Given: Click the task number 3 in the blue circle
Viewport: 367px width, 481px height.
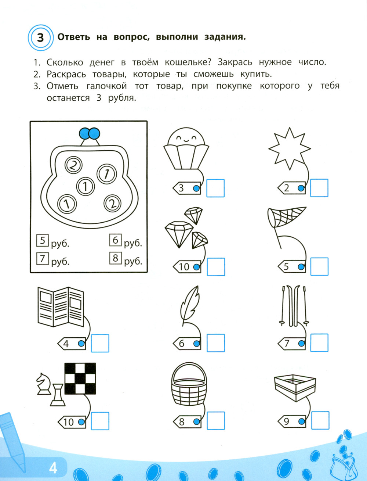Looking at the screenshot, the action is pos(40,38).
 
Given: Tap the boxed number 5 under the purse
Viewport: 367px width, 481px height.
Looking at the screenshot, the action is pos(43,240).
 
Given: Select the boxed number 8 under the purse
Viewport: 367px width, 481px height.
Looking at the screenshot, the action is pos(116,258).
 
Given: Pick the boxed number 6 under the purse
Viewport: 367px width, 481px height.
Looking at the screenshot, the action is pos(115,240).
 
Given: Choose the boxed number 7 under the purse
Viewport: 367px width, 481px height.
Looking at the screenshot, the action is pos(43,259).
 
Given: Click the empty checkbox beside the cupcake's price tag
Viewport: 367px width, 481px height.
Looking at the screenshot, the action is pos(215,188).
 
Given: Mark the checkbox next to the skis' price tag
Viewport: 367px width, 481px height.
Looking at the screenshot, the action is pos(319,343).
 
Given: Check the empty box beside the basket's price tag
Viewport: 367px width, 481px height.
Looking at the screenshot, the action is pos(216,420).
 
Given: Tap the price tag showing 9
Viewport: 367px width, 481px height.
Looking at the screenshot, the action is pos(292,421).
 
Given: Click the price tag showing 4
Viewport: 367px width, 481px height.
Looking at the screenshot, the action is pos(72,343).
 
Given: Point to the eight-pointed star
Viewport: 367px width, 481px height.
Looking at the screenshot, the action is pos(290,148).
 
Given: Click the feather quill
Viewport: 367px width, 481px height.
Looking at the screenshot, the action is pos(190,306).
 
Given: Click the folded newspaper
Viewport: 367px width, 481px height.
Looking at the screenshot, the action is pos(61,307).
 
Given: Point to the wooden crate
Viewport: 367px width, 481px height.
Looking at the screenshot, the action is pos(295,388).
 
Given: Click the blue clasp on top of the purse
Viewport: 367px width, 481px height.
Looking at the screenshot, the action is pos(90,133).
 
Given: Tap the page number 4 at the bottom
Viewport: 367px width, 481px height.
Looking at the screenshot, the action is pos(53,469).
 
